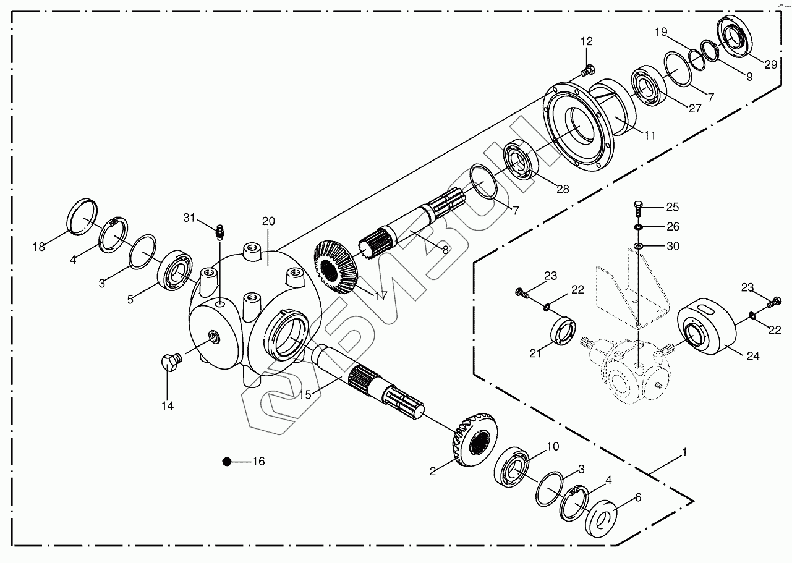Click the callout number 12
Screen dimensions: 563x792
586,41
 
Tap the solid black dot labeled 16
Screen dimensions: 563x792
227,462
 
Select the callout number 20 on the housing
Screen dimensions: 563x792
268,221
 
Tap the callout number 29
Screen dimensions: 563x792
770,64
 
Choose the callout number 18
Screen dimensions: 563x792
39,247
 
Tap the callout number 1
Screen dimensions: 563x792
684,452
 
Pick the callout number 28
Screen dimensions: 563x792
562,190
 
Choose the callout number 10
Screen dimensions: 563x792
552,446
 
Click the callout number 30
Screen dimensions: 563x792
673,246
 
